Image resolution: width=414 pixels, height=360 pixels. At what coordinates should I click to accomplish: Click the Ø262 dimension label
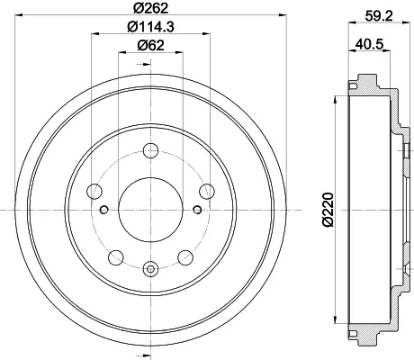pos(150,8)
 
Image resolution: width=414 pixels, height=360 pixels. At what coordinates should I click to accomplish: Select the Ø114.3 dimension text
pos(150,27)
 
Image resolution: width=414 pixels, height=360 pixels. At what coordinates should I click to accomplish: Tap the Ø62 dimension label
pos(150,45)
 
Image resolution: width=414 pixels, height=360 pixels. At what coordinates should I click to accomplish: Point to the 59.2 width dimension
pos(379,15)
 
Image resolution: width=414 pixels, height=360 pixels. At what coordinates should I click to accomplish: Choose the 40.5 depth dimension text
pos(369,44)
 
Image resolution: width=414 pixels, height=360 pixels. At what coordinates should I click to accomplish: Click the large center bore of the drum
pos(150,210)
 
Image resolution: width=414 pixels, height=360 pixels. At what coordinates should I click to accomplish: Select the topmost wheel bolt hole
pos(150,151)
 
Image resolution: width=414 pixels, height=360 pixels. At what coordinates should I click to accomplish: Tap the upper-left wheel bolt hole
pos(94,191)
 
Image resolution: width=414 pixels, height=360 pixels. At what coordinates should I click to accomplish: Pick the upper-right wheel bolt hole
pos(207,191)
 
